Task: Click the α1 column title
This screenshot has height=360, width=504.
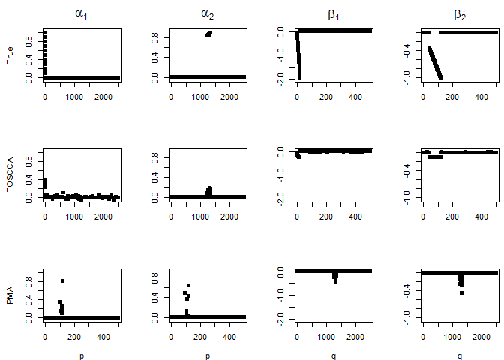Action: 82,14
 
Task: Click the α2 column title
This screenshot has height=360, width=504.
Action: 208,14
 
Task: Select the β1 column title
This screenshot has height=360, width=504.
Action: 334,14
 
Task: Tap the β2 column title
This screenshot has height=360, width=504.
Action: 460,14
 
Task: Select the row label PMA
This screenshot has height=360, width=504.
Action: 10,295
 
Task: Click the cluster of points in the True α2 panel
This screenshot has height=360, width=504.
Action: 208,34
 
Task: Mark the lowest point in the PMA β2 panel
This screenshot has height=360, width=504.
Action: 461,292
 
